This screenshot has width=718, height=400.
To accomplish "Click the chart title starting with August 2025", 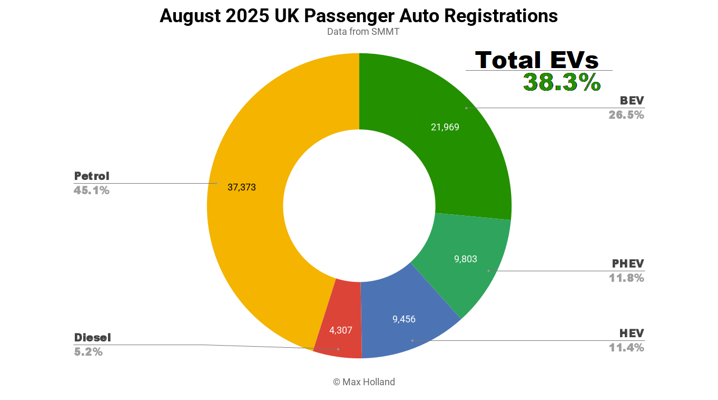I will pos(358,16).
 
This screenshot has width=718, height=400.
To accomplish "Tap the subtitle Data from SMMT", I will pos(363,32).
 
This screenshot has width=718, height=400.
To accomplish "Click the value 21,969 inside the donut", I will pos(445,127).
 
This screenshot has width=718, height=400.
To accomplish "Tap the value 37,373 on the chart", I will pos(241,187).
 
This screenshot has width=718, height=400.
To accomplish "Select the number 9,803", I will pos(465,259).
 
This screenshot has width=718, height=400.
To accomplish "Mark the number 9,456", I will pos(404,319).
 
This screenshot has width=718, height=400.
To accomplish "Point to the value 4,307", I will pos(340,330).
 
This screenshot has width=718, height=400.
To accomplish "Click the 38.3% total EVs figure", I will pos(562,83).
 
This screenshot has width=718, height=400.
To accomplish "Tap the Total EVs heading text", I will pos(537,60).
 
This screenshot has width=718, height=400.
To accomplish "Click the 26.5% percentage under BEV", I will pos(626,115).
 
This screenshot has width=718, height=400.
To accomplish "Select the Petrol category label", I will pos(92,176).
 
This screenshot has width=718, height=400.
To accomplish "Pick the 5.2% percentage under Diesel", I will pos(88,351).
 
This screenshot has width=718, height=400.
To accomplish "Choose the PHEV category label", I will pos(628,263).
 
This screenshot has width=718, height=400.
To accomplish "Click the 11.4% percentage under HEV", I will pos(626,348).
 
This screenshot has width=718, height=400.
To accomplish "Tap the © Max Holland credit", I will pos(363,382).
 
